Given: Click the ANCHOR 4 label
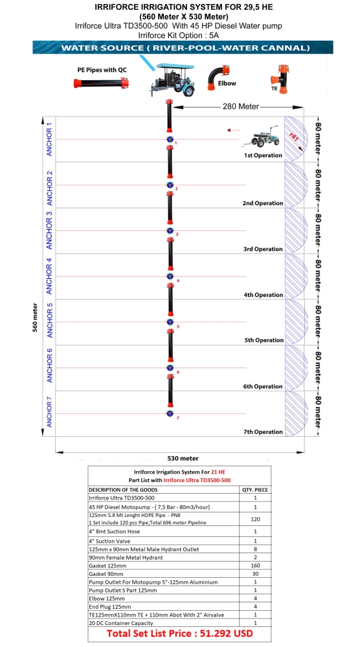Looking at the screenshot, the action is pyautogui.click(x=50, y=276).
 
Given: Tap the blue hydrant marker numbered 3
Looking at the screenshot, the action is pyautogui.click(x=170, y=231).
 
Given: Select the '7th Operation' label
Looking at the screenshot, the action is pyautogui.click(x=263, y=432).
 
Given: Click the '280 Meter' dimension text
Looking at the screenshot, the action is pyautogui.click(x=241, y=107).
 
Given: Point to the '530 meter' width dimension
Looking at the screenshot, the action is pyautogui.click(x=183, y=458).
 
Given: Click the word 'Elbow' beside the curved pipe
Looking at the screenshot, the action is pyautogui.click(x=227, y=83).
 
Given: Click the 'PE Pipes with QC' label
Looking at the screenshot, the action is pyautogui.click(x=102, y=70).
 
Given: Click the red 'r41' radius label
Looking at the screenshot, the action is pyautogui.click(x=294, y=137).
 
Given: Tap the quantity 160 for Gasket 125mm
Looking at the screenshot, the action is pyautogui.click(x=255, y=565).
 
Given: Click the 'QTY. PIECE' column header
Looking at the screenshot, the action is pyautogui.click(x=255, y=490).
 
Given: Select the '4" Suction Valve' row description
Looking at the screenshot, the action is pyautogui.click(x=109, y=541).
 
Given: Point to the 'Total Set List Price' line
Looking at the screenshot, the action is pyautogui.click(x=179, y=633).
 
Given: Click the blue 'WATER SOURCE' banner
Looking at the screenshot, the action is pyautogui.click(x=183, y=47).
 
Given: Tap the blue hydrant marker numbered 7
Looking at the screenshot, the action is pyautogui.click(x=170, y=413).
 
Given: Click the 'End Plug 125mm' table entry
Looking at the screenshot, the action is pyautogui.click(x=110, y=607).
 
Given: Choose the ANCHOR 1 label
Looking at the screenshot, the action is pyautogui.click(x=50, y=139).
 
